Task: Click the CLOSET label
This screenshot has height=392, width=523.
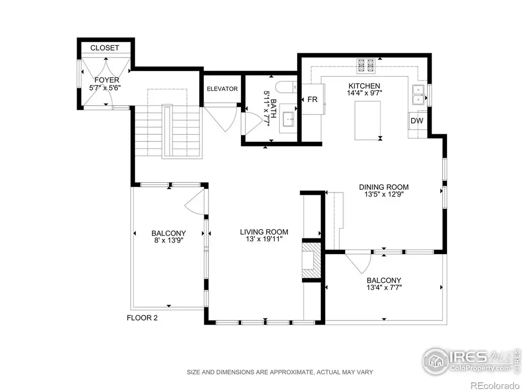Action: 105,47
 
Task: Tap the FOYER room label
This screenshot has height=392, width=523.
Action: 107,80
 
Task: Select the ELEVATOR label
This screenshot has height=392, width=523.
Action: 222,89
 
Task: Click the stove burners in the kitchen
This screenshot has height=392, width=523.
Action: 366,66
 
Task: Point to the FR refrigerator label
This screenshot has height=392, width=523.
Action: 312,100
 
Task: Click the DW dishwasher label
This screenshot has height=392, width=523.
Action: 417,120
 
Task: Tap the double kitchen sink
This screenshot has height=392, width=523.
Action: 418,95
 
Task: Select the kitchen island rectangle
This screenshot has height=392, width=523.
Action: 368,120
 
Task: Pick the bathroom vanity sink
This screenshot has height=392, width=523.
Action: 288,118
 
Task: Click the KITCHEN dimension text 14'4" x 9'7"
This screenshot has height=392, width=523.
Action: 364,93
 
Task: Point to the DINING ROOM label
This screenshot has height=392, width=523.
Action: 384,187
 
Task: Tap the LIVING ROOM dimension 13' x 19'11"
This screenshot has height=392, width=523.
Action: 264,239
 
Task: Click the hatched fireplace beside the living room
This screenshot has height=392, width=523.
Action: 311,260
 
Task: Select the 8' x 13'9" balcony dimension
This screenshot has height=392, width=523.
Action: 169,240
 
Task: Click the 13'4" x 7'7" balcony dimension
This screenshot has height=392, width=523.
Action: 384,287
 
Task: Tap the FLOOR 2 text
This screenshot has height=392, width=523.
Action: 142,318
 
